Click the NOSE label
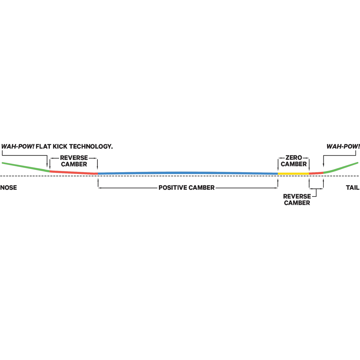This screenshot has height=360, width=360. (x=9, y=187)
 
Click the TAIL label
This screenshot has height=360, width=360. (x=353, y=187)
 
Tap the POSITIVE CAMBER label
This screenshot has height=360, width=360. (x=186, y=187)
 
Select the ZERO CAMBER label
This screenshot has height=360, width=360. (x=294, y=161)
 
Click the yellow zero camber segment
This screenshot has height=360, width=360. (x=293, y=174)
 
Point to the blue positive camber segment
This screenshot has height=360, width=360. (x=188, y=173)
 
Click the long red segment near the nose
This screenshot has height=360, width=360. (x=74, y=172)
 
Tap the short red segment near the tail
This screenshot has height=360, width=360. (x=316, y=173)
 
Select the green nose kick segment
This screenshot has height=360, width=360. (x=26, y=167)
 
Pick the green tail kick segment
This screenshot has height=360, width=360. (x=341, y=167)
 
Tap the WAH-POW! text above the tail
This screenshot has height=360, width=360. (x=343, y=146)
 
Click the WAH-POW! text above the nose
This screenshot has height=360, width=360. (x=18, y=146)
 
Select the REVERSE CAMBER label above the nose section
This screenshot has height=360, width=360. (x=74, y=161)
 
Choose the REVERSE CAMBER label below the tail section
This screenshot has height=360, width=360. (x=297, y=199)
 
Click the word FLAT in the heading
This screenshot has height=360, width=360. (x=43, y=146)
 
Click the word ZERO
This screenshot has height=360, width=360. (x=294, y=158)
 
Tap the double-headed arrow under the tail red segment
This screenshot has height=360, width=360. (x=316, y=189)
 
